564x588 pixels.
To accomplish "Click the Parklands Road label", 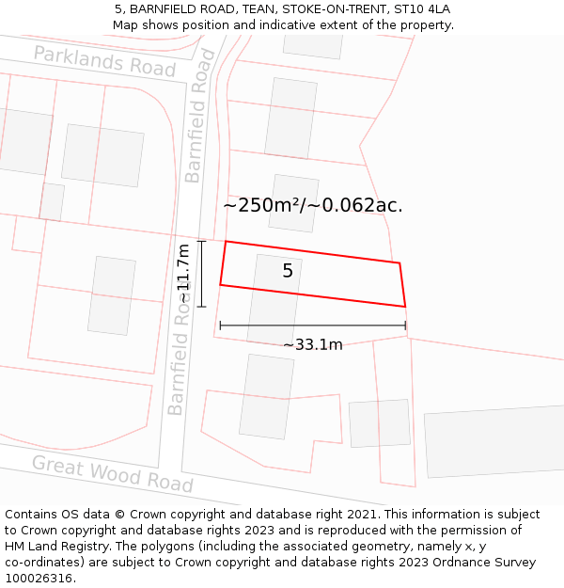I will [x=104, y=61].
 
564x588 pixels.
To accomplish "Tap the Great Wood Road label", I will [x=112, y=473].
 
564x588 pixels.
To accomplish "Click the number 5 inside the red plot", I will [x=288, y=271].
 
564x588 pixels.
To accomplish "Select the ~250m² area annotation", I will [x=267, y=205].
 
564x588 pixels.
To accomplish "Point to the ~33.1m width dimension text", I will [x=313, y=344].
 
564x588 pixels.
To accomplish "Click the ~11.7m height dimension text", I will [x=183, y=274].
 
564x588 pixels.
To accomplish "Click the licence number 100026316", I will [x=39, y=579].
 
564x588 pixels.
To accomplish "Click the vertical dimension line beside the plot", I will [x=201, y=274].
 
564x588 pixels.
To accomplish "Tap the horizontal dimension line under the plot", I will [x=313, y=326].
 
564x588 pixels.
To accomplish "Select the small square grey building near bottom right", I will [x=380, y=423].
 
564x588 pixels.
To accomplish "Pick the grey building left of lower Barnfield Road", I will [x=112, y=295].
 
